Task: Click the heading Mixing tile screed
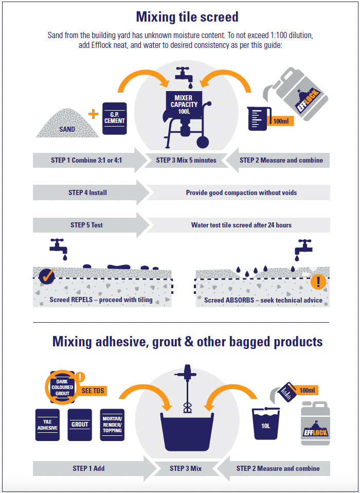187,17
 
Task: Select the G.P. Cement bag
115,118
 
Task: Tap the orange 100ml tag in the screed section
281,121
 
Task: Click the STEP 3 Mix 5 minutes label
186,160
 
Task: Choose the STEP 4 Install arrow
88,192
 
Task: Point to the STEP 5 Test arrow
88,225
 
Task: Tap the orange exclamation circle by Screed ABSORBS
318,281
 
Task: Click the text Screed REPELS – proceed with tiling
101,300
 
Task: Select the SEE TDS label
93,391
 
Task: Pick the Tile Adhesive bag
47,425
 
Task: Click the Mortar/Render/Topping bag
112,425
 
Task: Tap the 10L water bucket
266,424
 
